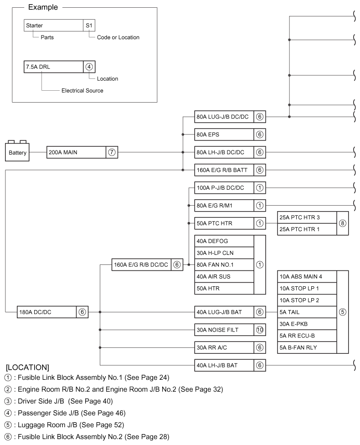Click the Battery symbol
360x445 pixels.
click(17, 152)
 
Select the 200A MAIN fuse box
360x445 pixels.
click(76, 152)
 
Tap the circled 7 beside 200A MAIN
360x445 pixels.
click(112, 152)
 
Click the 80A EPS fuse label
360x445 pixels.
click(224, 135)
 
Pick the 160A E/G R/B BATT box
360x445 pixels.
click(224, 170)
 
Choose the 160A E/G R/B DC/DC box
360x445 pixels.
click(142, 264)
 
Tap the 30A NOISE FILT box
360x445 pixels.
click(224, 330)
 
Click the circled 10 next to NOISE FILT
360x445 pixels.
click(260, 330)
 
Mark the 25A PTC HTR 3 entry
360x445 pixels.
click(307, 217)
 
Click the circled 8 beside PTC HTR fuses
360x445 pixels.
click(342, 223)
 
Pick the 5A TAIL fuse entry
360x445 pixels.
click(307, 312)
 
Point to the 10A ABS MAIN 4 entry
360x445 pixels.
click(307, 276)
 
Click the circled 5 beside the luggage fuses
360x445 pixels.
click(342, 312)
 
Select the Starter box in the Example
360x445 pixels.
click(53, 26)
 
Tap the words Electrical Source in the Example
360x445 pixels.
click(82, 91)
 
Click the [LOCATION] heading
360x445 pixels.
click(28, 367)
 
